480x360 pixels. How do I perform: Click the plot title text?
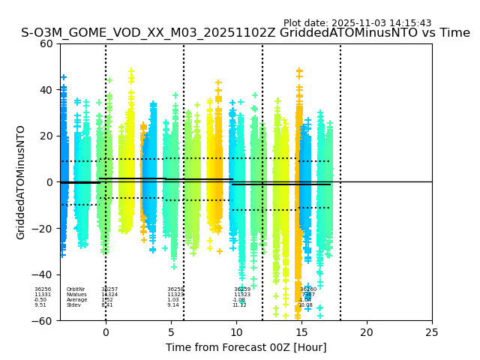[x=245, y=33]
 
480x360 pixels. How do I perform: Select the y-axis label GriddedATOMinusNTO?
[x=21, y=182]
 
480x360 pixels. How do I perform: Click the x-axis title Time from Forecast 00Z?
[x=246, y=347]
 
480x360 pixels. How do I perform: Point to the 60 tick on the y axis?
[x=47, y=43]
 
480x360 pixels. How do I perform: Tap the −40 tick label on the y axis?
[x=43, y=274]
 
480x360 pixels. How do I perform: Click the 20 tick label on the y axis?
[x=47, y=136]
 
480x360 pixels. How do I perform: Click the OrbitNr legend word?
[x=76, y=289]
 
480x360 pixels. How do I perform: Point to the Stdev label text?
[x=73, y=305]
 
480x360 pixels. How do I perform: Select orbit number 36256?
[x=43, y=289]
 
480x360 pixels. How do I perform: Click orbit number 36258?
[x=175, y=289]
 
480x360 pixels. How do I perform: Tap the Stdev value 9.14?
[x=173, y=305]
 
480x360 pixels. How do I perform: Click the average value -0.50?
[x=40, y=300]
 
